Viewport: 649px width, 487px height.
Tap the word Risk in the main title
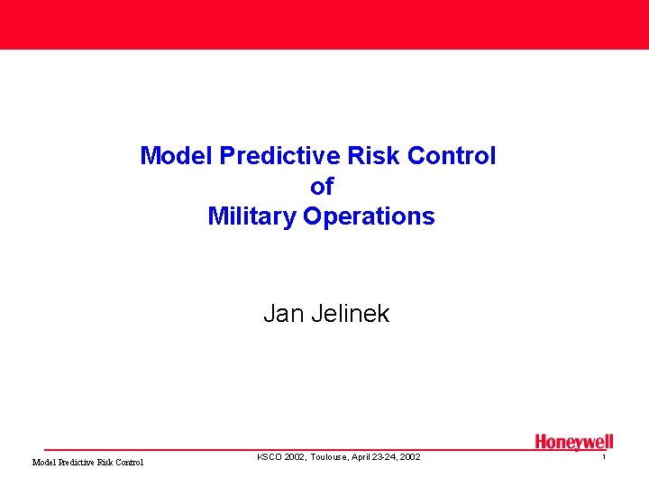pos(371,156)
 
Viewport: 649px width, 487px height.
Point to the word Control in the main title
pos(451,156)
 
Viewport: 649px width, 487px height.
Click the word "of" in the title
pos(322,187)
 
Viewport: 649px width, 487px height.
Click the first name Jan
pos(279,314)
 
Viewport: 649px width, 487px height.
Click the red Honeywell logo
pos(574,442)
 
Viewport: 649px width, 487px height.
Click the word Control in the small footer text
pos(130,463)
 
